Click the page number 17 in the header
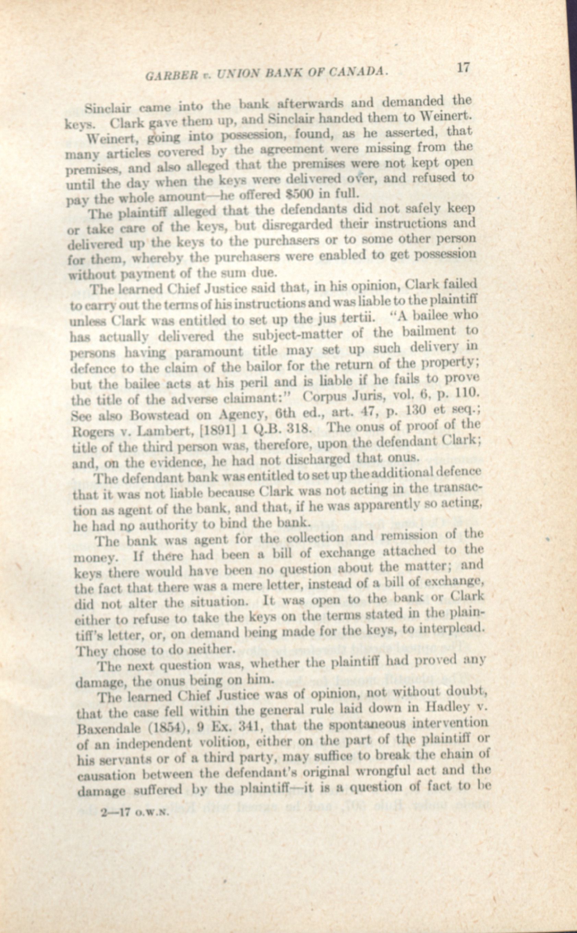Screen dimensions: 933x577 click(x=463, y=68)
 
